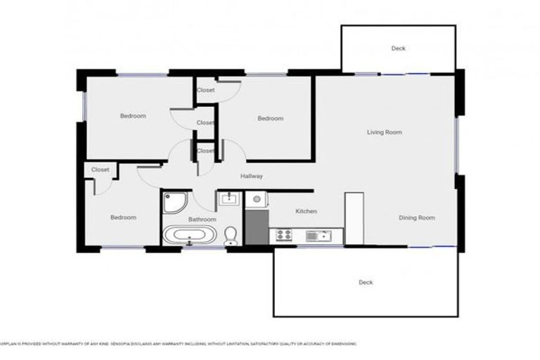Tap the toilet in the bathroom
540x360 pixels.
(x=231, y=236)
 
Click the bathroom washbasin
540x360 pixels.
(x=229, y=199)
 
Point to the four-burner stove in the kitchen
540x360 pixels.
(x=285, y=235)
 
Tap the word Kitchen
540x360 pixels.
(x=306, y=211)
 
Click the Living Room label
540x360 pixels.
(x=384, y=131)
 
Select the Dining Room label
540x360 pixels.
(x=417, y=218)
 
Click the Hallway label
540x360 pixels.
(x=252, y=176)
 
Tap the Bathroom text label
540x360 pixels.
(x=202, y=219)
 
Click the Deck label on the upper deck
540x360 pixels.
(x=399, y=49)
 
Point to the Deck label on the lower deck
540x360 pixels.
(x=366, y=283)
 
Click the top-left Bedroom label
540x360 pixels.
(x=133, y=116)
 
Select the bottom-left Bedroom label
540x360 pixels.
(x=123, y=218)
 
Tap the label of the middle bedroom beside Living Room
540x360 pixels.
(x=270, y=118)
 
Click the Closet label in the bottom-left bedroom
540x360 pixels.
(x=100, y=169)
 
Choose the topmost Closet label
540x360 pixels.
(x=205, y=90)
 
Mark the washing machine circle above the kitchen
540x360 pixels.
(x=257, y=200)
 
